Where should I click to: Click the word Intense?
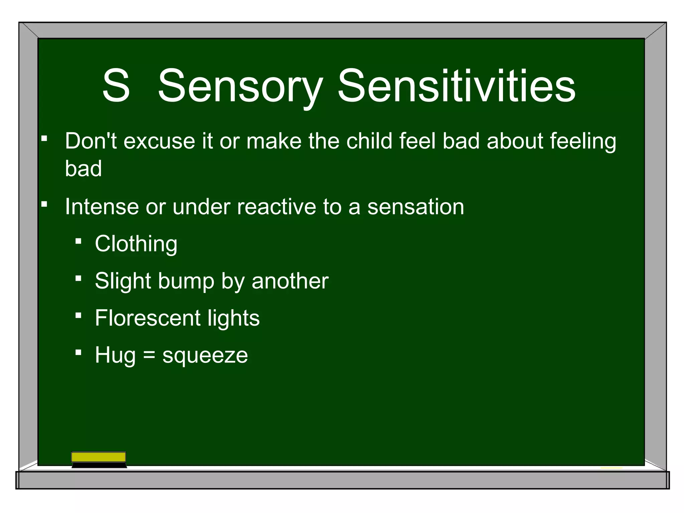click(x=102, y=207)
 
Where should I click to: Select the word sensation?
click(x=415, y=207)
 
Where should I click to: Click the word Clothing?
click(x=136, y=244)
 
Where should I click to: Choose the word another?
click(x=290, y=281)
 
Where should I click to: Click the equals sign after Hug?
click(x=149, y=355)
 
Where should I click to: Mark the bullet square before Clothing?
click(x=78, y=241)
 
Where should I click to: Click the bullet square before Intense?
click(x=44, y=204)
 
